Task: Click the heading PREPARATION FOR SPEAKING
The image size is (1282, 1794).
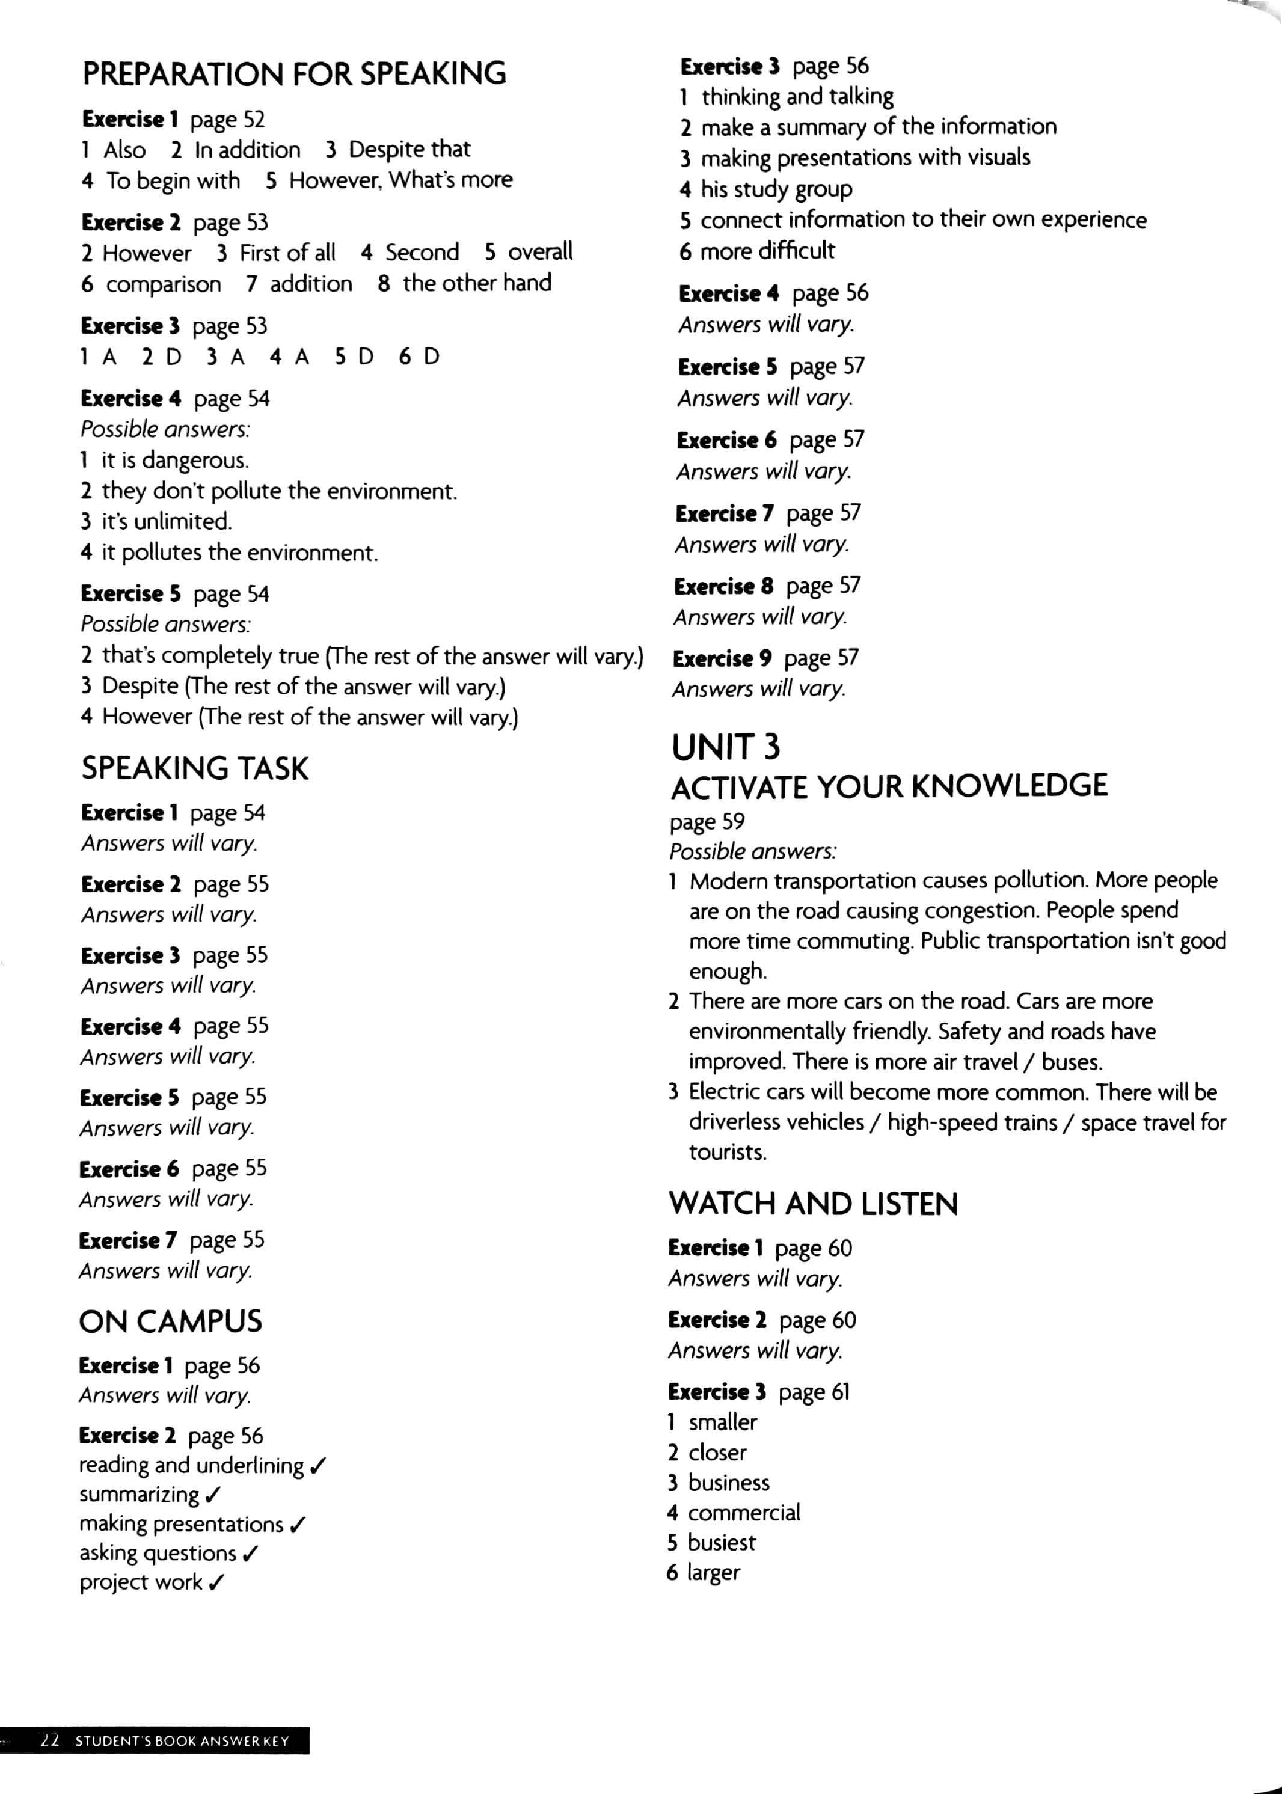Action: [x=293, y=73]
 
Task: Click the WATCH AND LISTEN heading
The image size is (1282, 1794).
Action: [x=813, y=1203]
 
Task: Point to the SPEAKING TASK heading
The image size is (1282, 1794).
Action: [x=194, y=768]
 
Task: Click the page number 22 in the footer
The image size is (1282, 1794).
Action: [x=50, y=1740]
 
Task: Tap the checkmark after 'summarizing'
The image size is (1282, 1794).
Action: [x=213, y=1495]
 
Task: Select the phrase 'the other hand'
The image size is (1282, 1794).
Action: [x=477, y=283]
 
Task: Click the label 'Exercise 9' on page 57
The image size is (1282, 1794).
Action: [x=722, y=658]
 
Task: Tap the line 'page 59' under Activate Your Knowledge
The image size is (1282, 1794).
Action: [x=707, y=822]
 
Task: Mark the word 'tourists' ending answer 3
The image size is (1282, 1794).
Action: [x=727, y=1153]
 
